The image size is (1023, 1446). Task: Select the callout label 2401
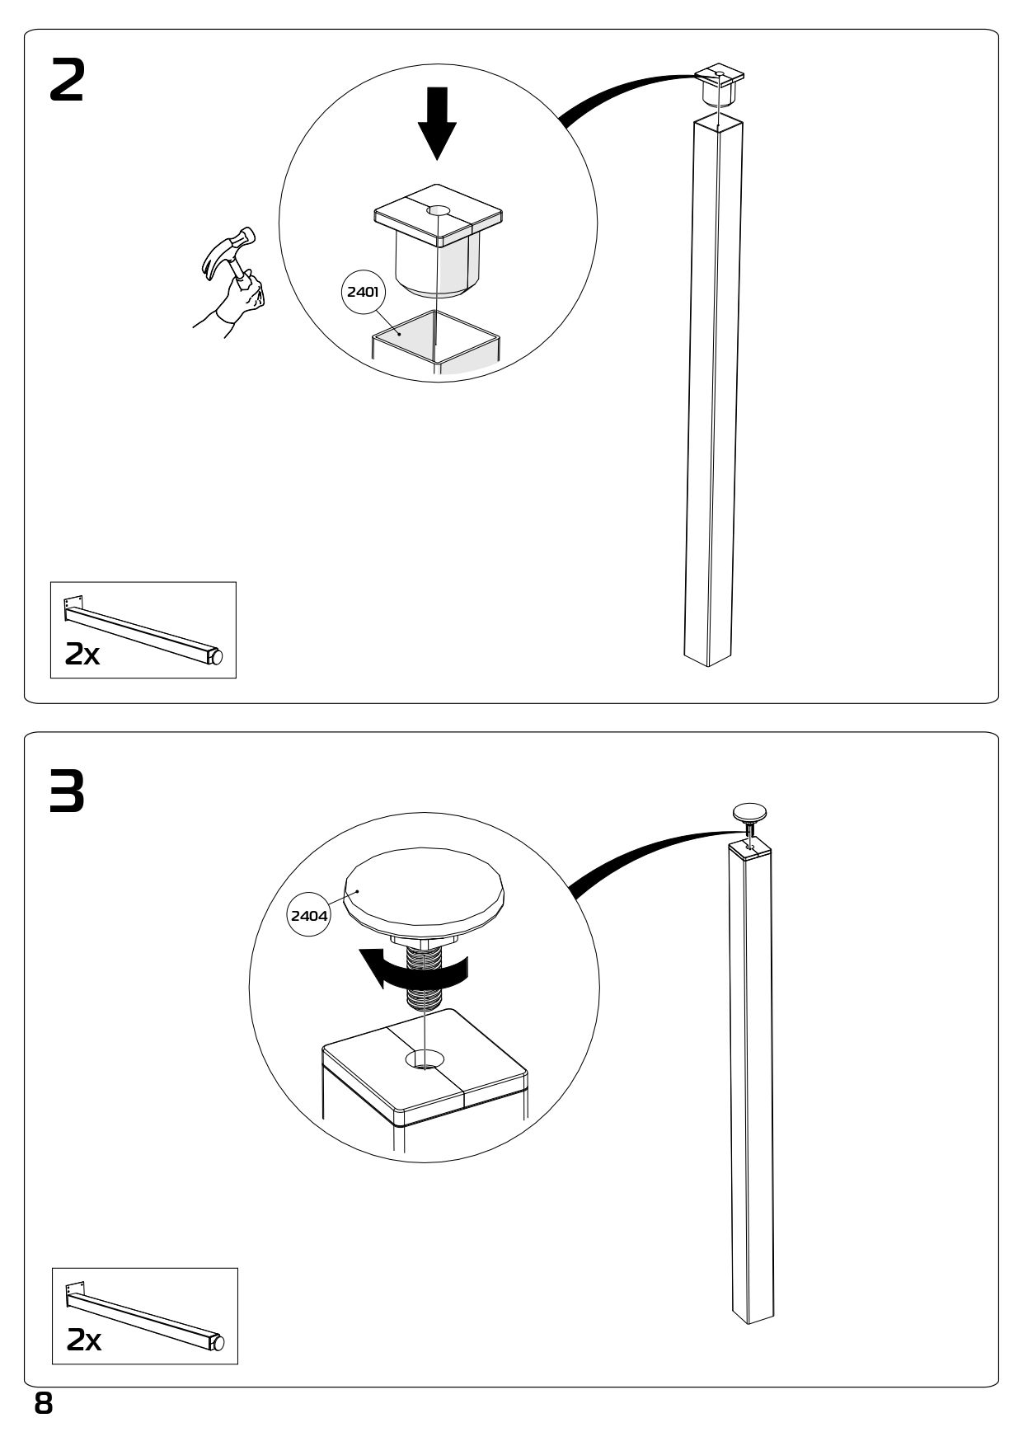point(363,291)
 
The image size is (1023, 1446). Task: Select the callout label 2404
point(309,915)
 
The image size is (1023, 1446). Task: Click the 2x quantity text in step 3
point(84,1340)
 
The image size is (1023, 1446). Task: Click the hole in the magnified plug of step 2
point(438,211)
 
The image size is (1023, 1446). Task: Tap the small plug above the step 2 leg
point(719,85)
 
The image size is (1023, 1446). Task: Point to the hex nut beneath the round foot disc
point(425,941)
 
